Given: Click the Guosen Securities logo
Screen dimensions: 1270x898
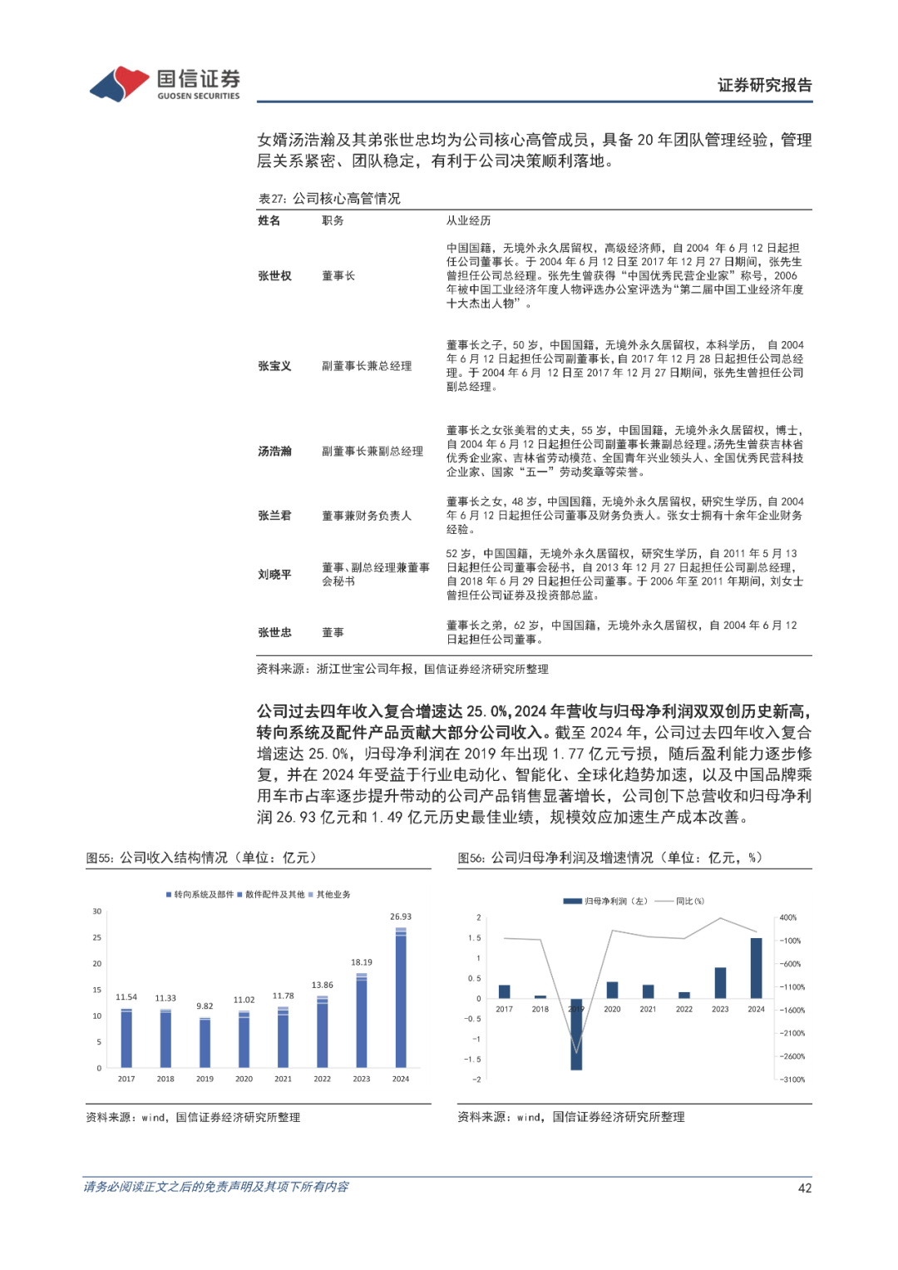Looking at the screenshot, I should (x=165, y=84).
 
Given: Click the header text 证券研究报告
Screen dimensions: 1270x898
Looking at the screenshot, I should (x=764, y=85).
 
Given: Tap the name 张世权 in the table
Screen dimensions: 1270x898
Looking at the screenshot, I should (x=274, y=276).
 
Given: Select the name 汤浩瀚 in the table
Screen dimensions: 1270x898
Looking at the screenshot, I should (x=274, y=452).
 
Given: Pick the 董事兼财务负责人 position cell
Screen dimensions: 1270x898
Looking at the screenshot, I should (x=367, y=516).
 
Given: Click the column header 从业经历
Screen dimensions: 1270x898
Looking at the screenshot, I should (x=468, y=220).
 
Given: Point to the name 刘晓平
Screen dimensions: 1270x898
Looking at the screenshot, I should (x=274, y=575).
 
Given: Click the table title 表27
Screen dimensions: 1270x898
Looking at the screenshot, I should (x=329, y=199).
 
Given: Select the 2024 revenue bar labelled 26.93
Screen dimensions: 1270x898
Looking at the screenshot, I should (x=401, y=998).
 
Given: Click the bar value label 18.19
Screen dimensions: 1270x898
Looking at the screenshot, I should (x=362, y=962).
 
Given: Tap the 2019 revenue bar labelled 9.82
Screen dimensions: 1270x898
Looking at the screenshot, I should (x=205, y=1042).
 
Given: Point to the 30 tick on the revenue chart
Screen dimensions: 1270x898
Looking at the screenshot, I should (x=97, y=912).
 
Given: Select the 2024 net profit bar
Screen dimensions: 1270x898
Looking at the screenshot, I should (x=756, y=968).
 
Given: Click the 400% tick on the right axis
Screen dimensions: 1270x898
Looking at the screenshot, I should (x=788, y=917).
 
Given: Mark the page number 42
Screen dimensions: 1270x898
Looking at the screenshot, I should (x=805, y=1188).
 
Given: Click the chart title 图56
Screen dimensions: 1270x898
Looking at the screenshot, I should (x=609, y=857).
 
